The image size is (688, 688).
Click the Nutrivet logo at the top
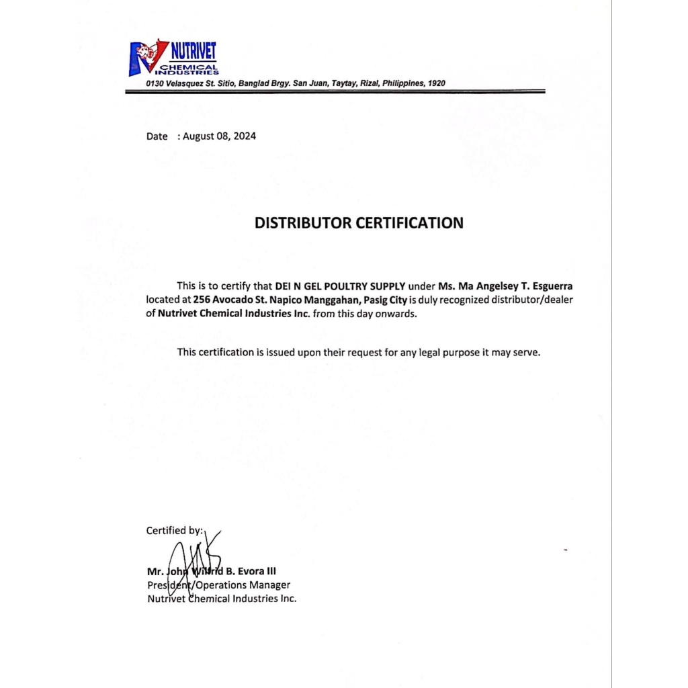click(173, 58)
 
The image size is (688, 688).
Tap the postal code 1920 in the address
click(436, 83)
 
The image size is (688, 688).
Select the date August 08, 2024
click(220, 136)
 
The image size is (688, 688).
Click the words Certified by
click(174, 531)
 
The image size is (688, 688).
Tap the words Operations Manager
click(247, 585)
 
